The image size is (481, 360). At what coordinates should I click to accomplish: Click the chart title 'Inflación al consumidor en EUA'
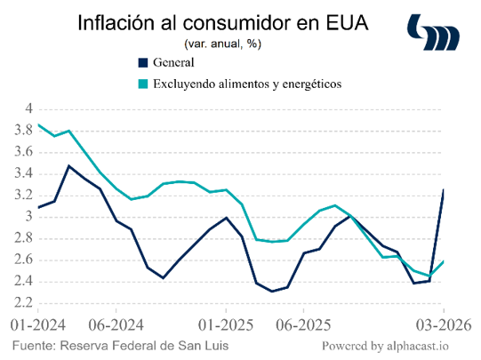pos(223,23)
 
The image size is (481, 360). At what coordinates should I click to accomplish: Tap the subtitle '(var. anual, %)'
pos(222,44)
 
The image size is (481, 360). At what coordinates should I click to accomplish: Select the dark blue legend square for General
pos(143,62)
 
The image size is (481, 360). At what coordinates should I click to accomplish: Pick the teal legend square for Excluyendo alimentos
pos(143,84)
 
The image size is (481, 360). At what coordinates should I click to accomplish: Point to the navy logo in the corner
pos(433,32)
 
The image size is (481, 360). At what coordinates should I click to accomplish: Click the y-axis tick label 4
pos(29,108)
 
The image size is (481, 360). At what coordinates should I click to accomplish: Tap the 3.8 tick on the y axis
pos(24,131)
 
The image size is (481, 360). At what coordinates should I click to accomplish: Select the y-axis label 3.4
pos(24,174)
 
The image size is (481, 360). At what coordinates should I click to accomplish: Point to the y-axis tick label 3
pos(29,217)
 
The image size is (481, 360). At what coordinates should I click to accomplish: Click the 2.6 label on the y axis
pos(24,260)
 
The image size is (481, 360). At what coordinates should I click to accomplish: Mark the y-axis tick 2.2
pos(24,303)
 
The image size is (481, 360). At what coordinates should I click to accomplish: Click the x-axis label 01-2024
pos(38,325)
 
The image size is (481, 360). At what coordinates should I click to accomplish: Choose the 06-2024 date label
pos(116,325)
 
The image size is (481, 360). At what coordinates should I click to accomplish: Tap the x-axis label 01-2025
pos(226,325)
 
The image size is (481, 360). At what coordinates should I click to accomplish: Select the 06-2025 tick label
pos(303,325)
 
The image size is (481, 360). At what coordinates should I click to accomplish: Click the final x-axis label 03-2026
pos(444,325)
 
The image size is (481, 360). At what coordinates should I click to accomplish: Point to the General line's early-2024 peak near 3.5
pos(69,166)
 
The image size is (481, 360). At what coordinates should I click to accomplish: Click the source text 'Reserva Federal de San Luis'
pos(144,346)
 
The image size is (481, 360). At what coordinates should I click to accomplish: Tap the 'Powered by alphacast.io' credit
pos(385,346)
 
